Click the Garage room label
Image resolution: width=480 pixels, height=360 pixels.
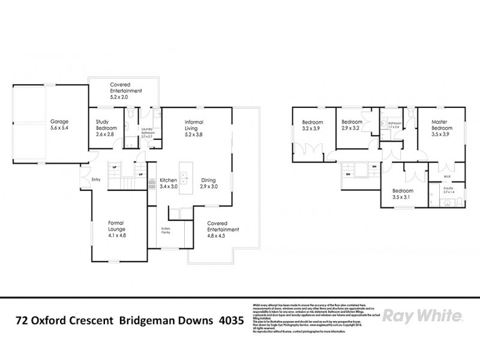(x=59, y=124)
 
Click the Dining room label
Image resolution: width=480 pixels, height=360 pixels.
(x=208, y=183)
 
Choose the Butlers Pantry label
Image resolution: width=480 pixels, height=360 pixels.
(x=166, y=230)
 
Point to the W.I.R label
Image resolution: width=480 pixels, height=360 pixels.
(x=446, y=176)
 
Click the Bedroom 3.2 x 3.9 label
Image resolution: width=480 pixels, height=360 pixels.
(x=311, y=126)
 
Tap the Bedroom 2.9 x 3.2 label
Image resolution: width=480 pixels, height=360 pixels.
(x=352, y=125)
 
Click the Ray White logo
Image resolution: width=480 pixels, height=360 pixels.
(x=422, y=316)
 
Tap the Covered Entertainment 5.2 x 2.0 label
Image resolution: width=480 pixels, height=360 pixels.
(x=125, y=88)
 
